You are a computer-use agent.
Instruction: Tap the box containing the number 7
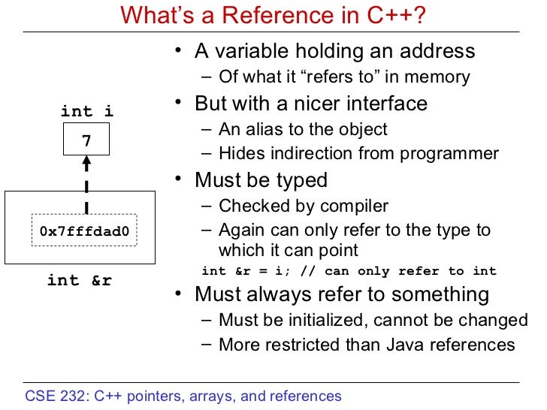pyautogui.click(x=86, y=139)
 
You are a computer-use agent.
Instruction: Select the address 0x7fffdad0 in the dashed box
pyautogui.click(x=84, y=232)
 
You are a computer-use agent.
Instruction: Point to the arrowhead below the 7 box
pyautogui.click(x=86, y=161)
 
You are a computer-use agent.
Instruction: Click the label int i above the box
pyautogui.click(x=87, y=112)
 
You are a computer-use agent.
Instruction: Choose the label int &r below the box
pyautogui.click(x=79, y=281)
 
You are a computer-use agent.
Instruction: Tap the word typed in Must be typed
pyautogui.click(x=302, y=180)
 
